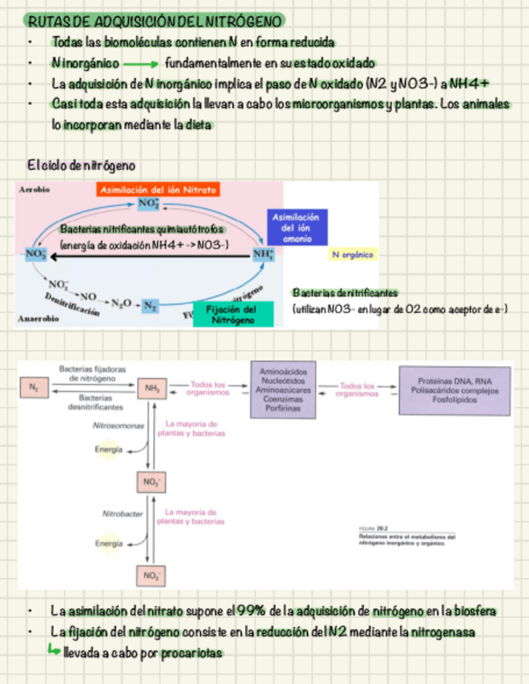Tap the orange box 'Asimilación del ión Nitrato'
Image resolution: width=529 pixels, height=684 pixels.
pyautogui.click(x=158, y=190)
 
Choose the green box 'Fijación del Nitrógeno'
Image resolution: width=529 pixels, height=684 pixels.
pyautogui.click(x=233, y=315)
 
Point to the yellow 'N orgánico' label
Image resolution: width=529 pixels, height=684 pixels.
pyautogui.click(x=353, y=255)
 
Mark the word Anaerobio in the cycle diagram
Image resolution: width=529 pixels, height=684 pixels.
pyautogui.click(x=38, y=319)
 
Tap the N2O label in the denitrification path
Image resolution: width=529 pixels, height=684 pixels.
pyautogui.click(x=121, y=302)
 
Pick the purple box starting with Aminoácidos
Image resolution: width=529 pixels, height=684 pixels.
pyautogui.click(x=282, y=389)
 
